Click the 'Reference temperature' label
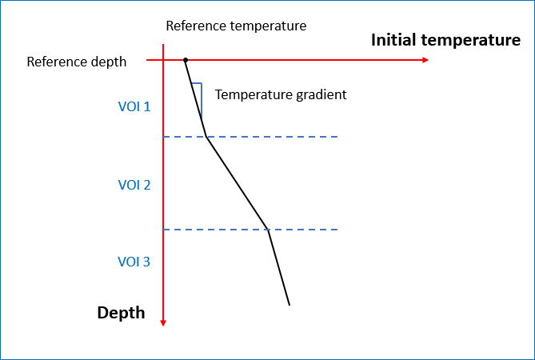coord(236,26)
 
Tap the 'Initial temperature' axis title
coord(445,41)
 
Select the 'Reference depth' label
coord(76,62)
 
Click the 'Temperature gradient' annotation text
coord(281,94)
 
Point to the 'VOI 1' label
coord(134,106)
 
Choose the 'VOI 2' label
coord(134,185)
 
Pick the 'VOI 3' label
coord(134,262)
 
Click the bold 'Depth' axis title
coord(121,313)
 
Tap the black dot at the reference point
coord(186,60)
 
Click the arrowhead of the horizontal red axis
coord(425,60)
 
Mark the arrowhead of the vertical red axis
coord(163,322)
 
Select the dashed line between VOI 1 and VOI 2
coord(272,137)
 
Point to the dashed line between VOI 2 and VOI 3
coord(304,230)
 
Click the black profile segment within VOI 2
coord(238,183)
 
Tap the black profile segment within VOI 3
coord(278,267)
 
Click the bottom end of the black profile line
coord(289,305)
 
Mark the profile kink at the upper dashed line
coord(207,137)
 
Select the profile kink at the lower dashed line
coord(268,230)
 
